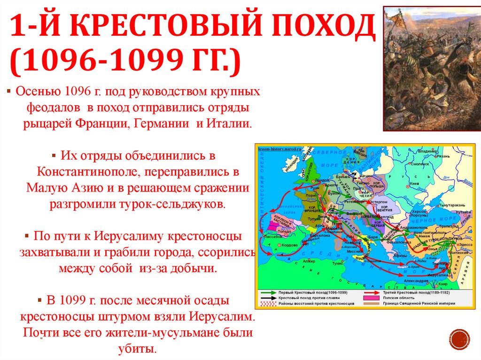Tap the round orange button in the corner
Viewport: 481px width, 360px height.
[459, 339]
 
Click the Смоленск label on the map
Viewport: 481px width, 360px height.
[420, 164]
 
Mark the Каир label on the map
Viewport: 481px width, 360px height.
[442, 284]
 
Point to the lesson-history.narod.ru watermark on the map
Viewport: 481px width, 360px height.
[279, 147]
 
